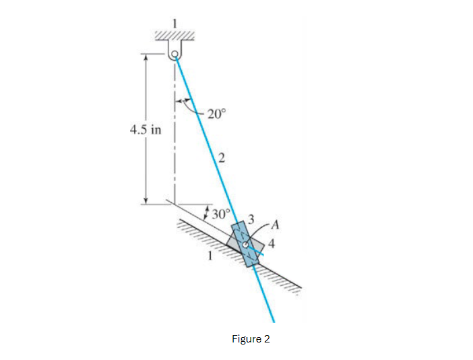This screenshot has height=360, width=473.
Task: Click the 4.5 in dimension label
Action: (x=145, y=129)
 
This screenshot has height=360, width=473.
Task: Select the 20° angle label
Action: (x=217, y=114)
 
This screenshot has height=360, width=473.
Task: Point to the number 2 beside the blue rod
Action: (x=221, y=158)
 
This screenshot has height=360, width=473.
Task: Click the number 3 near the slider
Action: (x=251, y=218)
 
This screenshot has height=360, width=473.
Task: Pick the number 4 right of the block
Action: (x=271, y=244)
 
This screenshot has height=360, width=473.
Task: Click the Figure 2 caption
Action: (x=250, y=338)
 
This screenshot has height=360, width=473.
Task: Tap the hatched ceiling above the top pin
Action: (x=175, y=35)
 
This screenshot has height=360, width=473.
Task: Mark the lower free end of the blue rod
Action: (x=274, y=321)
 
